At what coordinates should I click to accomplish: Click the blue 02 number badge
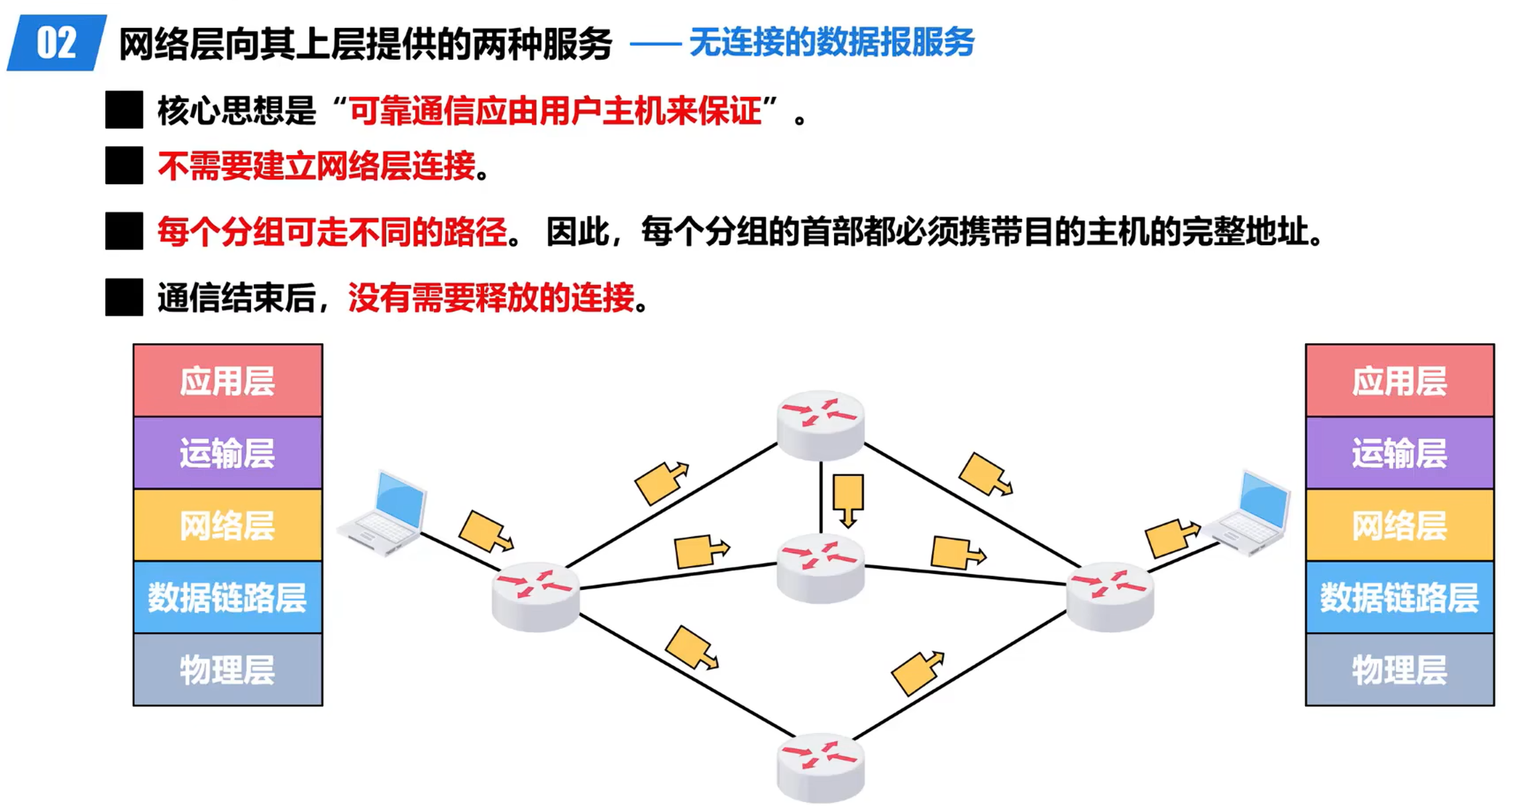[56, 43]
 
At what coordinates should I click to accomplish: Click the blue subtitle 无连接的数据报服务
[831, 43]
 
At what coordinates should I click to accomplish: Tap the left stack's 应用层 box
[228, 381]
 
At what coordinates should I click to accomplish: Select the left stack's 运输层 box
[228, 453]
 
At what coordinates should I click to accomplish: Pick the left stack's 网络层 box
[228, 526]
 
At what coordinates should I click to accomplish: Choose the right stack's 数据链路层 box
[1399, 597]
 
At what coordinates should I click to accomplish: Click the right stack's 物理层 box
[1399, 669]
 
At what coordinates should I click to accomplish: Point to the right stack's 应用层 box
[1399, 381]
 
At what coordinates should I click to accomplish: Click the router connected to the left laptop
[535, 597]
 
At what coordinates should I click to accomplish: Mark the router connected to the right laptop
[1110, 597]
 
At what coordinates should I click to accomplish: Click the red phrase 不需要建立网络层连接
[317, 166]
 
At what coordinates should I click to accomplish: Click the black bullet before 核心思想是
[124, 110]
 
